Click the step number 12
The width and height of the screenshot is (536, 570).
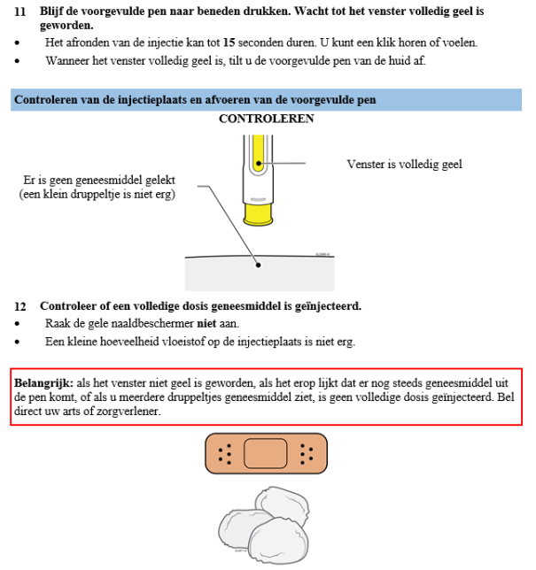pos(19,306)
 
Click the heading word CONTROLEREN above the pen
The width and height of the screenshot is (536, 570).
pos(266,119)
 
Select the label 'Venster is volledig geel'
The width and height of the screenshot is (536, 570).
pos(403,164)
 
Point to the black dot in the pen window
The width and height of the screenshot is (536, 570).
pos(258,163)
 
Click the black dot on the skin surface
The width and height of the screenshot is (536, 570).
pos(258,264)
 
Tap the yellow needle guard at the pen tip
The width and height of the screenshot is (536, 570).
pos(258,213)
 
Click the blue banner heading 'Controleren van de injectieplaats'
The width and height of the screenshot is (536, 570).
pos(194,99)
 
